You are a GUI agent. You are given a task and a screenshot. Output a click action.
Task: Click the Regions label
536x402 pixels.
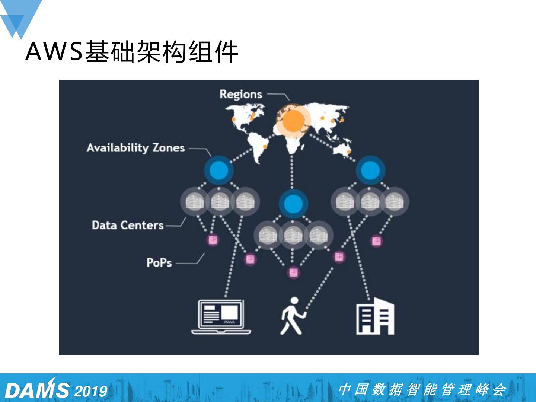(x=240, y=94)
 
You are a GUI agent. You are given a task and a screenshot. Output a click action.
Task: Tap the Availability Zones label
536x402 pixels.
(x=135, y=148)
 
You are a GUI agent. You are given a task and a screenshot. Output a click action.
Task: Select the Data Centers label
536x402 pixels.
(x=128, y=225)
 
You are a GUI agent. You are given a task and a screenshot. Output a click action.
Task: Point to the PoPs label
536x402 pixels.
(x=159, y=263)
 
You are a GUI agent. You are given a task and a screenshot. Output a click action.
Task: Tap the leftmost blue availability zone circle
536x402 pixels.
(x=219, y=170)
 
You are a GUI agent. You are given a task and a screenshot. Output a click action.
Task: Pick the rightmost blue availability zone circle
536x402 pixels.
(x=370, y=170)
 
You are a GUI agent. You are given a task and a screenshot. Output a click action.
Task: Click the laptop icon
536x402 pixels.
(x=221, y=317)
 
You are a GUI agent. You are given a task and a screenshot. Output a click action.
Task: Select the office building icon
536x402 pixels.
(x=375, y=316)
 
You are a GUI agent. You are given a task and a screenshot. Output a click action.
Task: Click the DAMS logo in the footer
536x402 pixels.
(x=36, y=389)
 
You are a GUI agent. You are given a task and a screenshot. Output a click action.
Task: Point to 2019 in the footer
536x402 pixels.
(x=91, y=391)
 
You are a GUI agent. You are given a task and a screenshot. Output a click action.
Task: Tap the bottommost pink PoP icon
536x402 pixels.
(x=294, y=272)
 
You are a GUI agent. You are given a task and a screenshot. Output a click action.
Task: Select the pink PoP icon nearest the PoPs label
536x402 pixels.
(x=213, y=240)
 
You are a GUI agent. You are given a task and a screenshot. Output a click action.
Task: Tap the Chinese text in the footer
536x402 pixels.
(x=422, y=390)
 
